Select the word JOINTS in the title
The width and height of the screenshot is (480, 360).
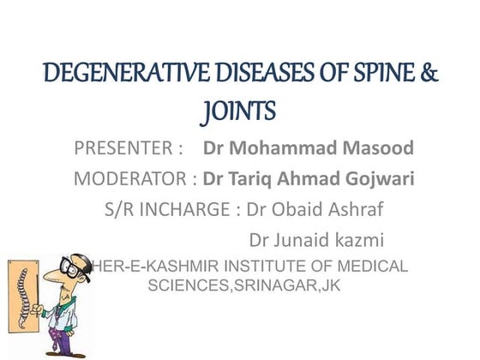coord(240,112)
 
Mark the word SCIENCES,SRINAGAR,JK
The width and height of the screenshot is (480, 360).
coord(244,285)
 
